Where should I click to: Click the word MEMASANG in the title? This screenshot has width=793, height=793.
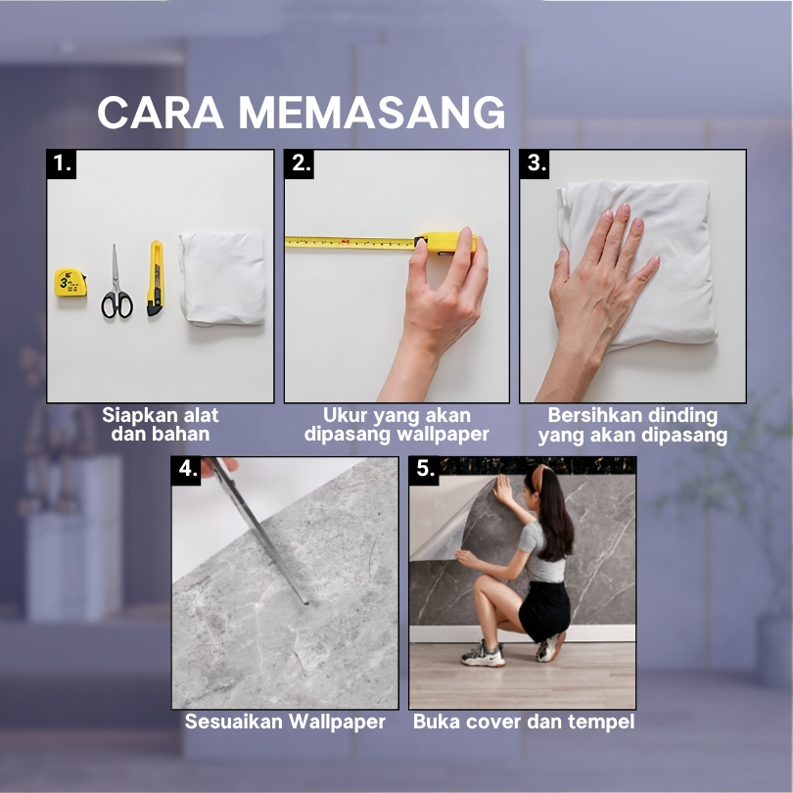[372, 113]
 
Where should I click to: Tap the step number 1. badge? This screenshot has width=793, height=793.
[62, 163]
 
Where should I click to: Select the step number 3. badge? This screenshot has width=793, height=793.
[536, 163]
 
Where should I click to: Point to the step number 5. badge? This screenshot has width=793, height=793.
[424, 470]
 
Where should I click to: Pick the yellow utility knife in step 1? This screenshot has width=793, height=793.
[156, 278]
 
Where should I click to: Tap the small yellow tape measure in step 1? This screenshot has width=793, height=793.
[70, 282]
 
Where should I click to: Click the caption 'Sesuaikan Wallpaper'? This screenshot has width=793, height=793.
[285, 722]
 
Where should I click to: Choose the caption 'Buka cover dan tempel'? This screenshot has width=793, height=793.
[524, 722]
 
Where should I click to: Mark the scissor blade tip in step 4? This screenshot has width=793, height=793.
[306, 603]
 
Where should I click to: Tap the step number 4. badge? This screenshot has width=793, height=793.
[186, 470]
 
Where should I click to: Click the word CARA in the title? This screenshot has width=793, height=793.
[161, 113]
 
